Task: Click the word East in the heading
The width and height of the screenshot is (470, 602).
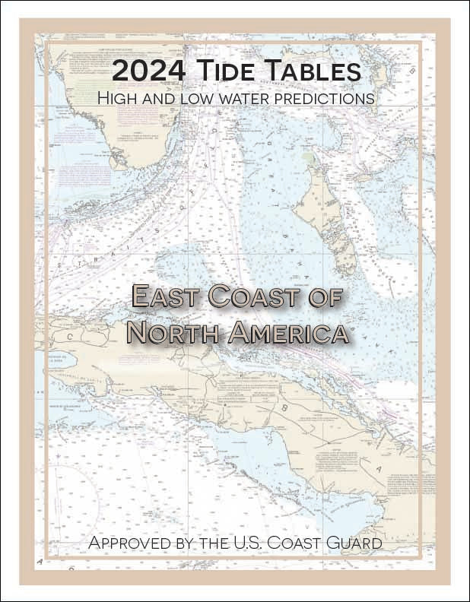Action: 165,297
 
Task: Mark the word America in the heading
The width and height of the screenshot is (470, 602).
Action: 284,332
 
